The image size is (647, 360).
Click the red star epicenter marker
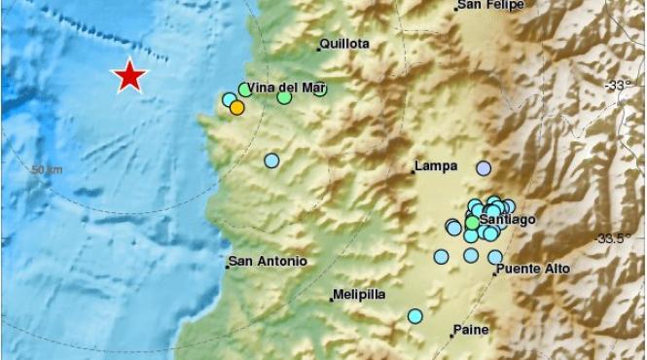coord(129,76)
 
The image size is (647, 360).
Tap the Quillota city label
coord(345,45)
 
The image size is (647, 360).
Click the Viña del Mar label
coord(286,88)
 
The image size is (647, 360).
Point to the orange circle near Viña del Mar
coord(236,108)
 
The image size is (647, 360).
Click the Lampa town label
coord(436,166)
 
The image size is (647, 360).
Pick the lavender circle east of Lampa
coord(484,168)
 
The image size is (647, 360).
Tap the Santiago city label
coord(508,221)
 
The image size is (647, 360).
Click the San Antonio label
coord(269,262)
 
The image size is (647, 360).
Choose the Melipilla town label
coord(361,294)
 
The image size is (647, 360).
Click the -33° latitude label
coord(619,87)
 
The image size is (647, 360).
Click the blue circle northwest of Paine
coord(415,316)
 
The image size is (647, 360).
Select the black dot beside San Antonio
coord(226,266)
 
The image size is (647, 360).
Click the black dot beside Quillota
coord(318,47)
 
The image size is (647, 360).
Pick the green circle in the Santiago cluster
coord(472,223)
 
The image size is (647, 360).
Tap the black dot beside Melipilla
coord(331,299)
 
